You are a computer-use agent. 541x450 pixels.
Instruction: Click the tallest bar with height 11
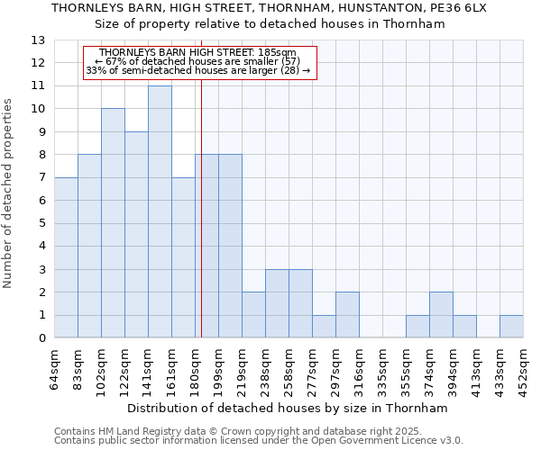click(x=160, y=211)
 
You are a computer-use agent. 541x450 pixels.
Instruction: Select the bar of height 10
click(x=113, y=223)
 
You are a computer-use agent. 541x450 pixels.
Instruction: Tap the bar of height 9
click(x=136, y=234)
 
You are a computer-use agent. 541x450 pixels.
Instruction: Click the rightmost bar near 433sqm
click(x=511, y=327)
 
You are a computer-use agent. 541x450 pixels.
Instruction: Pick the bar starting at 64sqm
click(x=66, y=257)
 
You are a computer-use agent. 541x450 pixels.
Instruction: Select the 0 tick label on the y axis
click(x=41, y=338)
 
